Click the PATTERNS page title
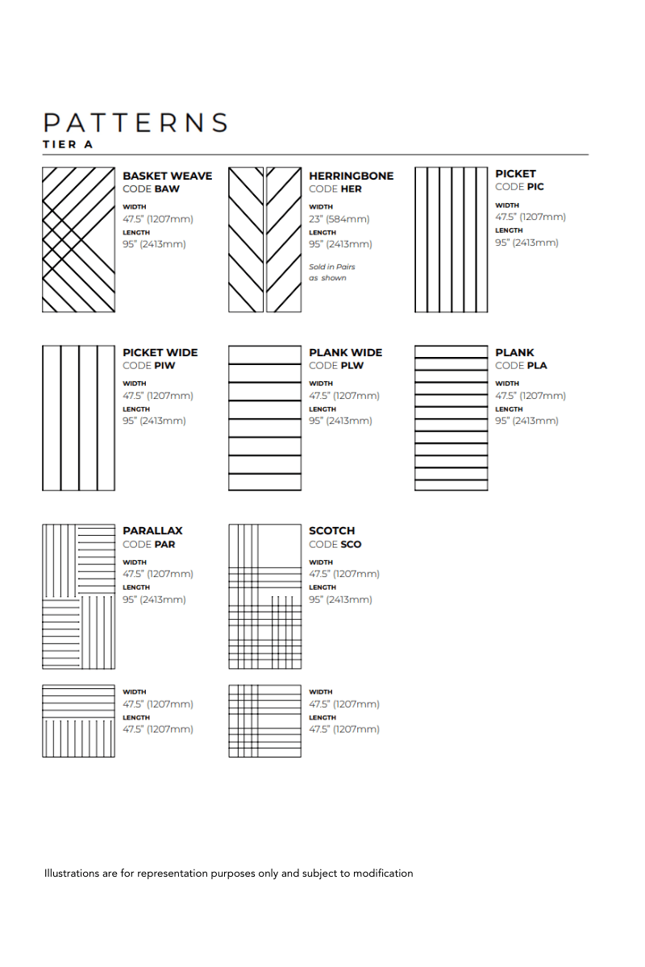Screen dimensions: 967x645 tap(135, 122)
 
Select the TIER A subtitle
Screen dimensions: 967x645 tap(69, 145)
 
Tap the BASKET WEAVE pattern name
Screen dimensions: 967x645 tap(167, 176)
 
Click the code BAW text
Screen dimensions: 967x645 tap(152, 189)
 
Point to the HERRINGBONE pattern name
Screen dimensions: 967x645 tap(352, 176)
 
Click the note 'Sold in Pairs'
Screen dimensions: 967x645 tap(332, 267)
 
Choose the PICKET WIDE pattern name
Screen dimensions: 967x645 tap(160, 352)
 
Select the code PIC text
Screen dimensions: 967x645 tap(520, 187)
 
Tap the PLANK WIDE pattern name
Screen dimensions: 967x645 tap(346, 352)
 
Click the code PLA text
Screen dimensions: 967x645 tap(521, 366)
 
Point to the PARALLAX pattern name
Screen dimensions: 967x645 tap(152, 531)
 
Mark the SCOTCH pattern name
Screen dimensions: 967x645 tap(332, 531)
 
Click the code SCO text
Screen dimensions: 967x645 tap(335, 545)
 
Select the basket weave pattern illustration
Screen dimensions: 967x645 tap(78, 239)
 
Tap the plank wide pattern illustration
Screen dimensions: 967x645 tap(264, 418)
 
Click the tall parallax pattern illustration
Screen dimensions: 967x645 tap(78, 596)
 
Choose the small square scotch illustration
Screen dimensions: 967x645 tap(264, 720)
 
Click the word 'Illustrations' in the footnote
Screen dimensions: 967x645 tap(73, 874)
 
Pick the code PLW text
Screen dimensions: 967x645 tap(336, 366)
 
